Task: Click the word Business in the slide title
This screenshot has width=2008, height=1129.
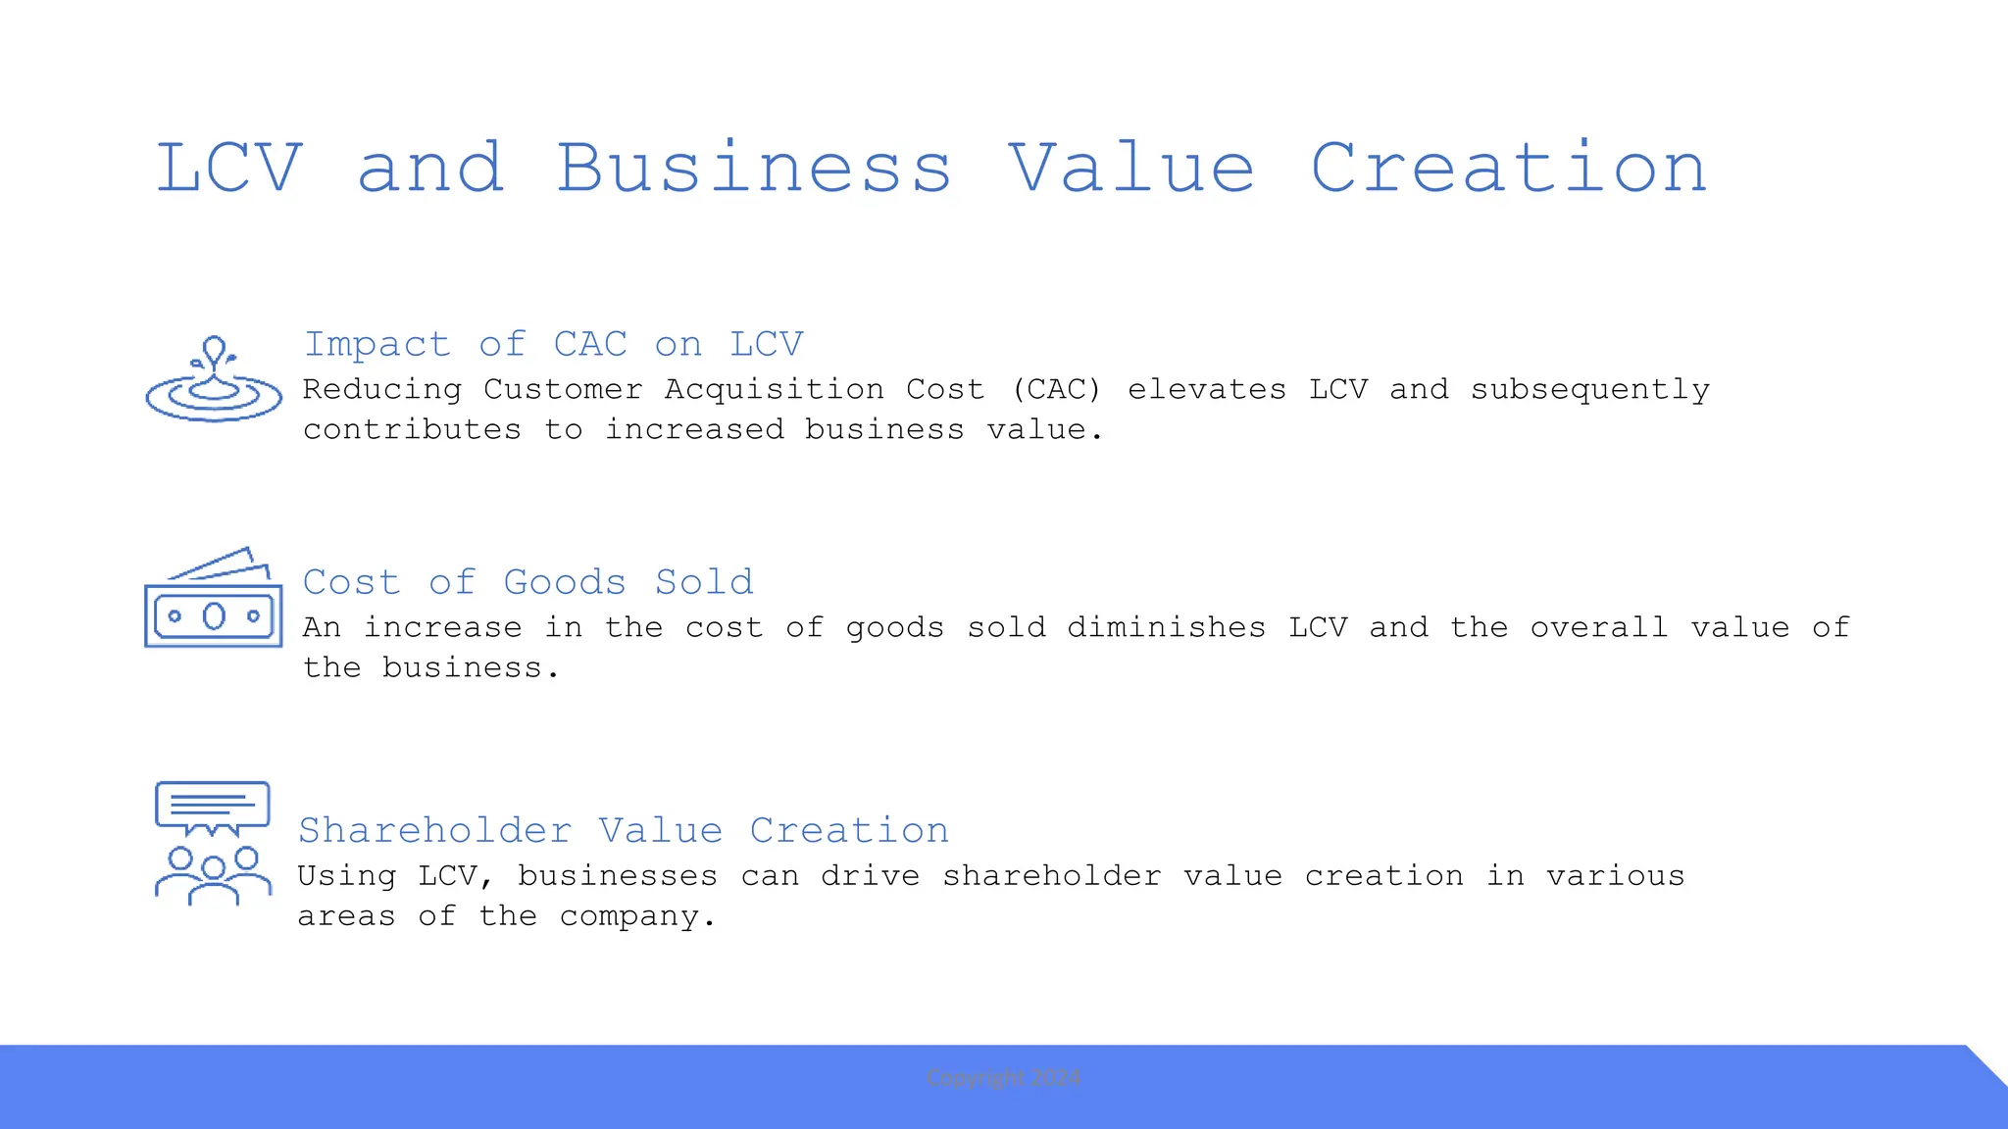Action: [x=754, y=168]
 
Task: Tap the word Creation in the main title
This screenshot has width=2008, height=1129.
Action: [x=1509, y=168]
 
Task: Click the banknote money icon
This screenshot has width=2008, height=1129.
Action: [x=214, y=599]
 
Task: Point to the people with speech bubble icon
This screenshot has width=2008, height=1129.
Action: [x=213, y=843]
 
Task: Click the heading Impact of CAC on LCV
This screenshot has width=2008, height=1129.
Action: [x=554, y=344]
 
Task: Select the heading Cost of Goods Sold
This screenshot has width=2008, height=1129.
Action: [x=528, y=582]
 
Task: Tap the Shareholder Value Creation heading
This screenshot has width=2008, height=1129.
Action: [x=624, y=830]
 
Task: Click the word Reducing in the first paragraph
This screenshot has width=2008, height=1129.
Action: [x=382, y=389]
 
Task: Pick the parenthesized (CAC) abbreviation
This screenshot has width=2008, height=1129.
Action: [x=1056, y=389]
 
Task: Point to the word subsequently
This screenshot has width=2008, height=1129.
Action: [x=1589, y=389]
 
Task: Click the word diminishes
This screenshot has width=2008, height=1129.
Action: [x=1167, y=627]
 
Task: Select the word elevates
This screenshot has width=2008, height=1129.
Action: [x=1207, y=389]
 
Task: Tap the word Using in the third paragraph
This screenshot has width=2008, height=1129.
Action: [x=347, y=875]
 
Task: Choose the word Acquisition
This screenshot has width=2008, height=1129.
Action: [x=775, y=389]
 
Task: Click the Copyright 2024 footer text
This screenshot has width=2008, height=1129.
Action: [x=1004, y=1078]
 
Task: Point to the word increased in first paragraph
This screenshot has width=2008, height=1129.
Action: [x=694, y=429]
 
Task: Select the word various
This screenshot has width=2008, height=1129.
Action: [x=1615, y=875]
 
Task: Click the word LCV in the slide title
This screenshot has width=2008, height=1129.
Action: [x=229, y=168]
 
